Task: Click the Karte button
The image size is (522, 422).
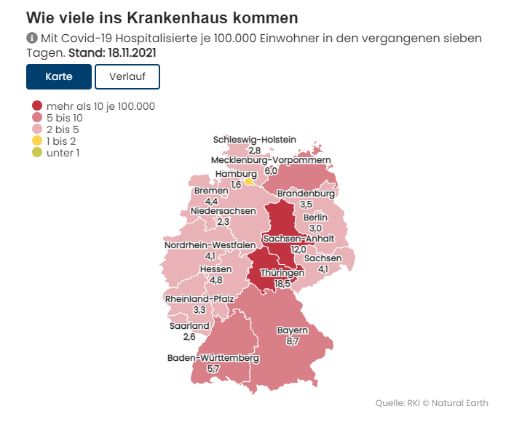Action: (x=59, y=76)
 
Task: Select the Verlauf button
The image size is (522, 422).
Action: (x=127, y=76)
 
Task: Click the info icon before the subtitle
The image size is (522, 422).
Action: (x=31, y=38)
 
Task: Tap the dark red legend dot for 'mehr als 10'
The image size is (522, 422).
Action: (x=38, y=105)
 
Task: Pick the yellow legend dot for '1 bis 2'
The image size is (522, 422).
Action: (x=38, y=140)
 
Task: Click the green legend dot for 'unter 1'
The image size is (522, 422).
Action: (x=38, y=152)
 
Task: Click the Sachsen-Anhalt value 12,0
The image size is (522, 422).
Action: (x=298, y=249)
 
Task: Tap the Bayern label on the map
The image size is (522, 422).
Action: (x=293, y=330)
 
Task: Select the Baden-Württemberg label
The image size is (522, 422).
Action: (x=213, y=358)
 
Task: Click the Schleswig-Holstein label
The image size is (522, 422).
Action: (x=255, y=140)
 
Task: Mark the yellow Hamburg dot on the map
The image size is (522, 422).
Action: (x=249, y=182)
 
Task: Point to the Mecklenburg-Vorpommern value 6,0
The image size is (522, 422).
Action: (x=271, y=170)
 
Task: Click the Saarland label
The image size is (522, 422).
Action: (x=189, y=326)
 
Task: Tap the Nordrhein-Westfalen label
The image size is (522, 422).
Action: (x=210, y=245)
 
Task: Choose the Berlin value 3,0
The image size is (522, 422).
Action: (x=315, y=228)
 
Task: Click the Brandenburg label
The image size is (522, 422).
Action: (x=306, y=194)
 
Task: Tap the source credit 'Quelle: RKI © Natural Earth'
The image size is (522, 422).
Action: (x=432, y=402)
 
